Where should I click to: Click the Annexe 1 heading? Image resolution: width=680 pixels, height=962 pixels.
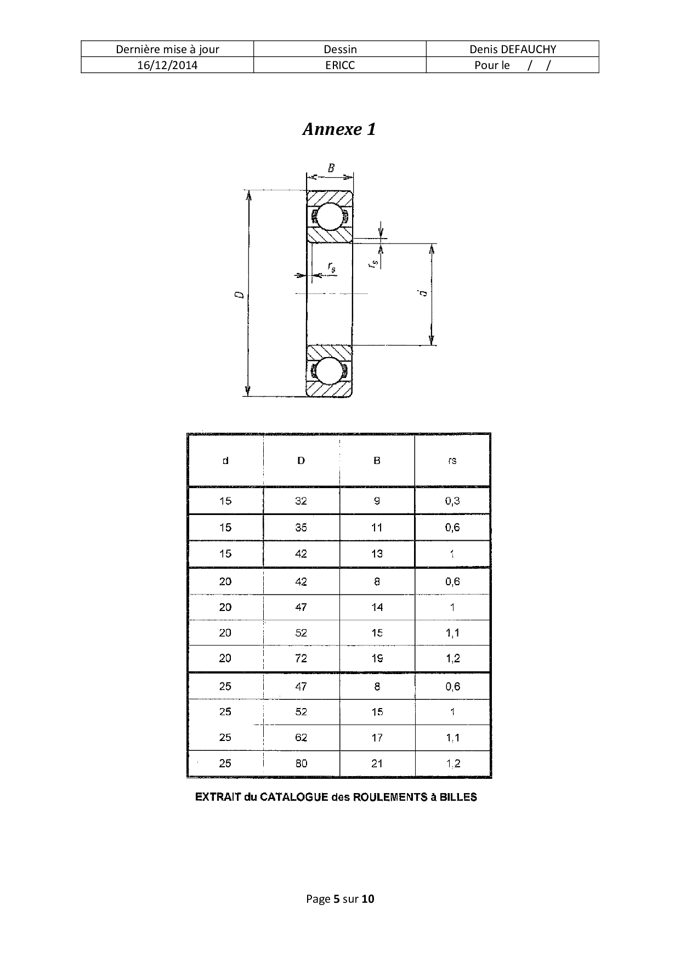coord(339,129)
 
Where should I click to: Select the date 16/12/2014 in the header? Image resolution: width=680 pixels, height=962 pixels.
coord(167,65)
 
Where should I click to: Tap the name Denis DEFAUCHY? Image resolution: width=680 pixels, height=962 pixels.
coord(513,49)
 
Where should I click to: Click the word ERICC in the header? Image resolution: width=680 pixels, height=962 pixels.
coord(340,65)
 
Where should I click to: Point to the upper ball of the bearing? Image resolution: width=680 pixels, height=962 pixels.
coord(329,217)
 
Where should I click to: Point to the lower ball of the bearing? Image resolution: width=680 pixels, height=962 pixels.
coord(329,370)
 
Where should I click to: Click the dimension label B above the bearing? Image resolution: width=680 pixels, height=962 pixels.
coord(331,168)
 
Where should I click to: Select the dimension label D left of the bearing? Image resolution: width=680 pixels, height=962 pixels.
coord(239,294)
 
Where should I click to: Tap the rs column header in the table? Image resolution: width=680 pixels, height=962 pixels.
coord(452,461)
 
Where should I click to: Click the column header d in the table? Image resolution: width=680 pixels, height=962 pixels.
coord(225,461)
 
